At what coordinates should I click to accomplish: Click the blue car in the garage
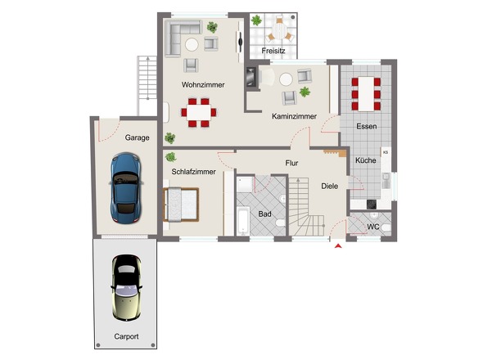click(126, 187)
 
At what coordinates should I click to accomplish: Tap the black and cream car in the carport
click(126, 288)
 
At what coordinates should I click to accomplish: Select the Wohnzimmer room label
click(203, 85)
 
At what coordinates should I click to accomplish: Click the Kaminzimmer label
click(294, 116)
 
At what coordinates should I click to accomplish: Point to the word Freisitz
click(273, 51)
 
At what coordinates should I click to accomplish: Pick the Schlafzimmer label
click(193, 172)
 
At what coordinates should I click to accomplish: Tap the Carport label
click(126, 336)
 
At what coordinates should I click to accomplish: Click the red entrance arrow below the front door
click(338, 245)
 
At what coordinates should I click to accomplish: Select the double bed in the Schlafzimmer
click(181, 205)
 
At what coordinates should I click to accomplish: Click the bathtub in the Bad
click(243, 220)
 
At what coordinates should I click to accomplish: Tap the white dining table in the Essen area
click(366, 94)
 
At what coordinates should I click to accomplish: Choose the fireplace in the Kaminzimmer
click(251, 77)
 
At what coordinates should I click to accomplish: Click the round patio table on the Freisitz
click(280, 33)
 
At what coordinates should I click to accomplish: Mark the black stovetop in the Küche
click(372, 205)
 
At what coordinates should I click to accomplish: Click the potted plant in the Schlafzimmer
click(170, 157)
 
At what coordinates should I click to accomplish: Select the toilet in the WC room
click(386, 228)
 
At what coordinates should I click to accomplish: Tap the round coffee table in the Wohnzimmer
click(192, 45)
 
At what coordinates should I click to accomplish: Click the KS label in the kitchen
click(386, 152)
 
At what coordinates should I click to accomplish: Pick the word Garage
click(137, 137)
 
